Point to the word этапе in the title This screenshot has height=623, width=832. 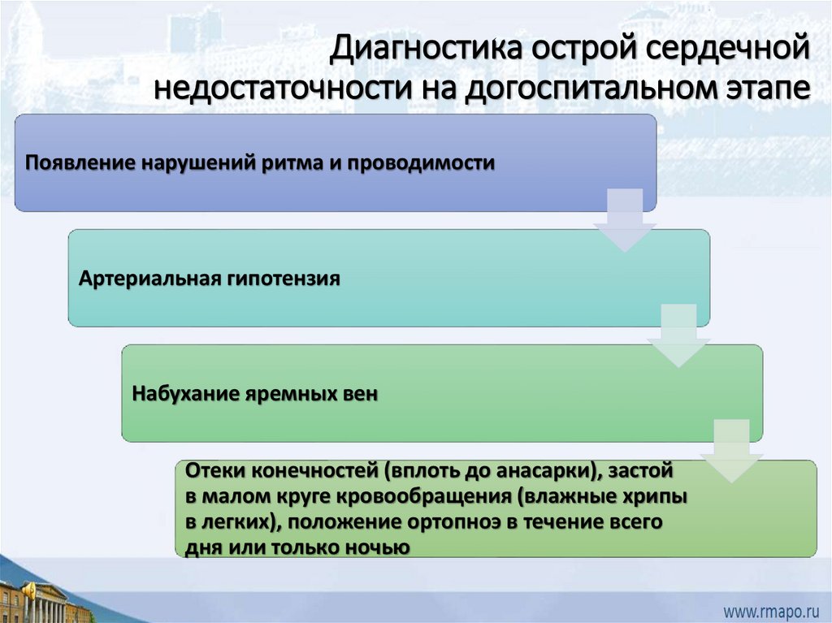coord(765,86)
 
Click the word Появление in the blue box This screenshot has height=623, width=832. coord(79,162)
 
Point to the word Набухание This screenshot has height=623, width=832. coord(180,394)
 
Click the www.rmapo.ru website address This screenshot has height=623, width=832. coord(769,608)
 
